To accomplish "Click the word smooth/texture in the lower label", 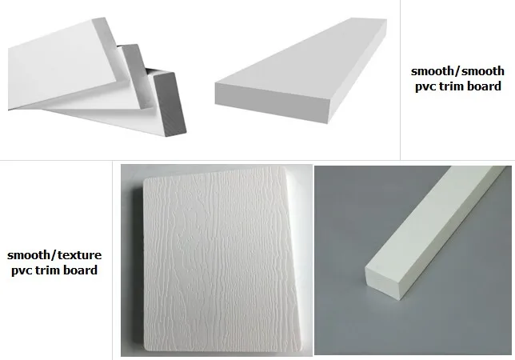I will click(54, 256).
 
